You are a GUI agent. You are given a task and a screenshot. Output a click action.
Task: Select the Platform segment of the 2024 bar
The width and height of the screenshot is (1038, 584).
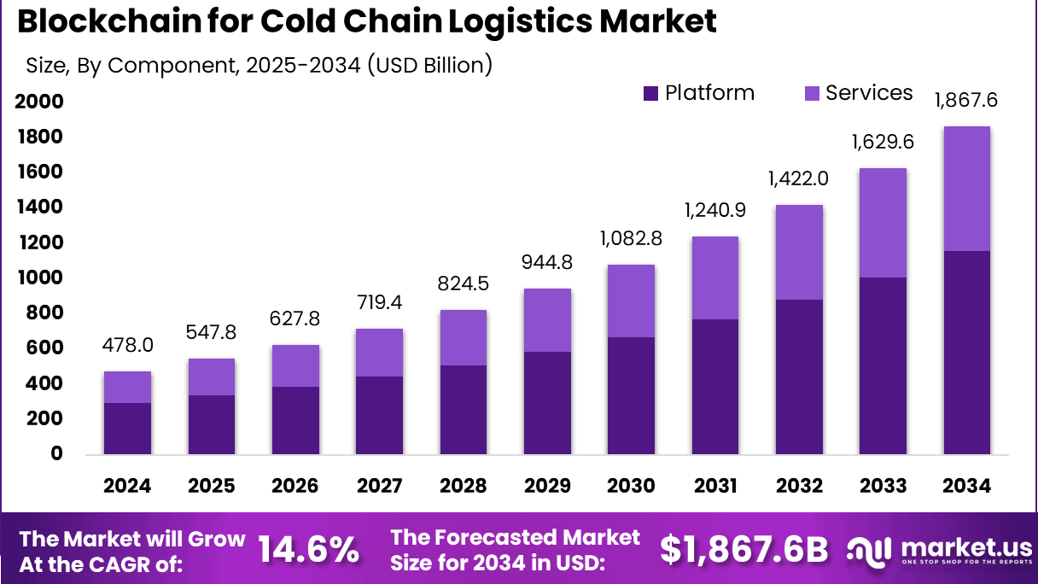tap(127, 428)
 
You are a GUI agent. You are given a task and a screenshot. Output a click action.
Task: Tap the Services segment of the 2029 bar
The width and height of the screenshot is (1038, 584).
tap(547, 320)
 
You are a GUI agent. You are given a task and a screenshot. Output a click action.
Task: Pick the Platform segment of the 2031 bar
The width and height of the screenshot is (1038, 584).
tap(715, 386)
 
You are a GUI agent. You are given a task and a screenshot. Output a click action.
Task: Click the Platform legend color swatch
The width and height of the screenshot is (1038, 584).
tap(650, 93)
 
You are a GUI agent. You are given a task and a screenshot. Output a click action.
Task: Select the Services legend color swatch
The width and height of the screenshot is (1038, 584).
tap(811, 93)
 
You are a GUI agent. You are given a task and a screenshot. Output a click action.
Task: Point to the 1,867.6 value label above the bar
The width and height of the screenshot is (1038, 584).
tap(966, 101)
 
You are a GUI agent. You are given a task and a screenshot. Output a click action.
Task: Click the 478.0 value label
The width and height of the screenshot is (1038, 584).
tap(128, 345)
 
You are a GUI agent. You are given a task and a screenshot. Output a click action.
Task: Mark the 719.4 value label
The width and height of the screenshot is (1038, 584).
tap(380, 301)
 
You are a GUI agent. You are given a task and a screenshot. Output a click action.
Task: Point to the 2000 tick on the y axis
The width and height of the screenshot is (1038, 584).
tap(38, 102)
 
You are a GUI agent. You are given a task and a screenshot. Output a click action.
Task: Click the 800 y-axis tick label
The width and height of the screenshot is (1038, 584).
tap(44, 313)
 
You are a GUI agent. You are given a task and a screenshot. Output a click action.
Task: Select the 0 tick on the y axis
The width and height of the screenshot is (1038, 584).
tap(56, 453)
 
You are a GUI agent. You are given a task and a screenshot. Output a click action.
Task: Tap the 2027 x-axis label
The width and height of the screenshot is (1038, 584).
tap(380, 486)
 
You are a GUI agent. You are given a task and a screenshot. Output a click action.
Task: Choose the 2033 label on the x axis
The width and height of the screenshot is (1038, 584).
tap(883, 486)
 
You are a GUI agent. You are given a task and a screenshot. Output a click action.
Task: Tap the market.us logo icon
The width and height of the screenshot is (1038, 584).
tap(869, 551)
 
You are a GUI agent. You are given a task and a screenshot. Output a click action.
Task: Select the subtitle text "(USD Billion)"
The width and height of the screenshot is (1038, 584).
tap(429, 64)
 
